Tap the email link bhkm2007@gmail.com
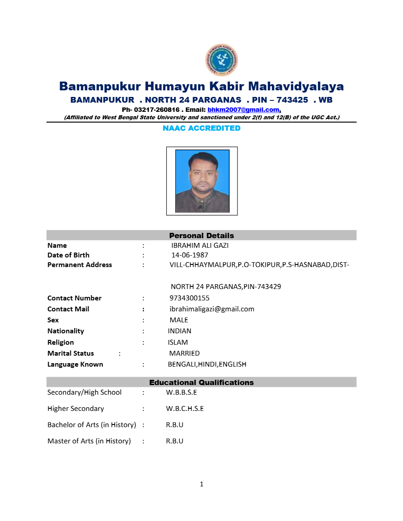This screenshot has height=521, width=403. pos(243,110)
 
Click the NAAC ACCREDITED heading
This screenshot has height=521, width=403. pos(201,128)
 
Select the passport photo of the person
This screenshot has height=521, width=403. pos(202,181)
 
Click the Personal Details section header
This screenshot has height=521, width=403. pos(201,236)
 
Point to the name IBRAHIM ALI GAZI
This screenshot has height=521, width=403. pos(200,246)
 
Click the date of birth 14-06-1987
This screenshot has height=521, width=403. pos(190,255)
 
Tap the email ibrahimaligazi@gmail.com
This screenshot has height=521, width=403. pos(212,309)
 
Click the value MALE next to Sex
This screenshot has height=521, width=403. pos(179,320)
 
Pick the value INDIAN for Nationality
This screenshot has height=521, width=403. pos(180,331)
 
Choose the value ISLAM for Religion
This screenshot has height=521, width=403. pos(178,343)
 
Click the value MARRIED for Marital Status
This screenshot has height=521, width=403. pos(184,353)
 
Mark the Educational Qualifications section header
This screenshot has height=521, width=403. pos(201,382)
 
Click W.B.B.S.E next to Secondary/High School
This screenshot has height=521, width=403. pos(181,393)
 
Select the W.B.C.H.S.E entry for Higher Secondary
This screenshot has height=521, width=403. pos(185,409)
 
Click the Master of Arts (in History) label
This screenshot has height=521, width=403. pos(89,441)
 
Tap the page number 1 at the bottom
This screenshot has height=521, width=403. pos(201,484)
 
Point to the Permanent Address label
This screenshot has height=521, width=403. pos(79,265)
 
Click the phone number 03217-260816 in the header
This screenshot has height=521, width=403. pos(157,110)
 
